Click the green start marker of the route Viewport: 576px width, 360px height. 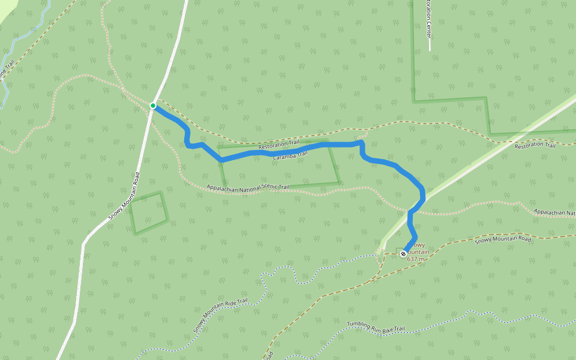tap(153, 106)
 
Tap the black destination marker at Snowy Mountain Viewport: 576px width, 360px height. tap(403, 254)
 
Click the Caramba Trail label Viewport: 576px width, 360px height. tap(290, 155)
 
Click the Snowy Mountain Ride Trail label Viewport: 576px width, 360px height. tap(220, 316)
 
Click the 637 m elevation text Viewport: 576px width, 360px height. tap(415, 259)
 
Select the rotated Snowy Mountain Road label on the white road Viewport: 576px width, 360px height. tap(125, 196)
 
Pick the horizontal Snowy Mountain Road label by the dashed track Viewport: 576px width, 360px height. tap(503, 239)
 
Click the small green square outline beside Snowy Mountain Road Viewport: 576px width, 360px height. tap(148, 212)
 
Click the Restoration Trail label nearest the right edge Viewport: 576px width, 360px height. tap(535, 145)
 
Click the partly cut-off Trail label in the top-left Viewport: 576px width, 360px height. tap(6, 72)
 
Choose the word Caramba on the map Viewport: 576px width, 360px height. tap(283, 157)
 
